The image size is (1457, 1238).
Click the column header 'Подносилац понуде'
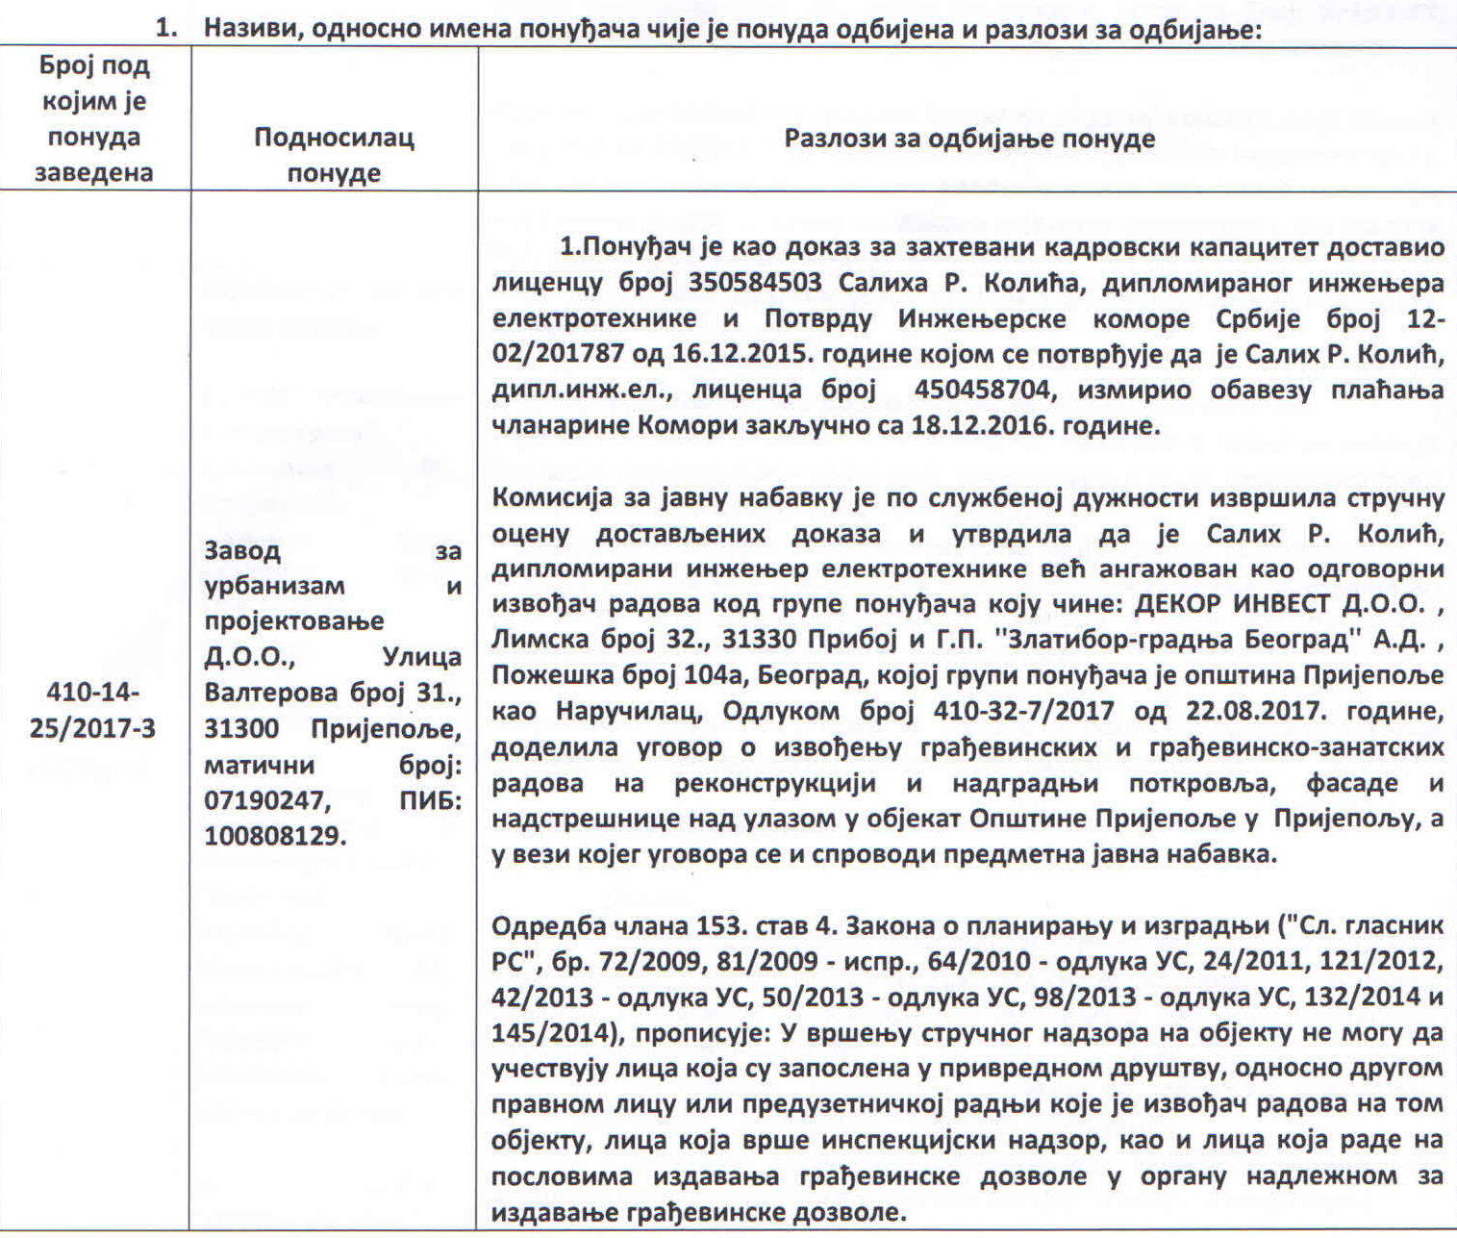tap(334, 154)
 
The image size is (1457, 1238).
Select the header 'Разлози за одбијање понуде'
tap(968, 139)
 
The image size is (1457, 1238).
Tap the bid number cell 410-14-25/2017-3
tap(92, 710)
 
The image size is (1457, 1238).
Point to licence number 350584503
tap(755, 283)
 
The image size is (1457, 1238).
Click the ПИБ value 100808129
tap(274, 836)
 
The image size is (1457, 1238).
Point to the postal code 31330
tap(690, 641)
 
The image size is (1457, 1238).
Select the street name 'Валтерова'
tap(271, 693)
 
